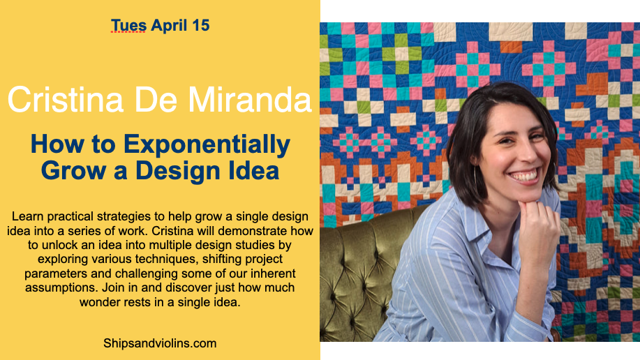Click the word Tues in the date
[x=128, y=25]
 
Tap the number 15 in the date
[x=201, y=25]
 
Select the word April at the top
[x=169, y=26]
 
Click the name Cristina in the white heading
[x=66, y=100]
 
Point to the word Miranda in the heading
[x=250, y=100]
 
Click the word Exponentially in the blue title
[x=207, y=145]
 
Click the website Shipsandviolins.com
[x=160, y=343]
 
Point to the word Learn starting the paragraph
[x=27, y=216]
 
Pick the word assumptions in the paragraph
[x=61, y=287]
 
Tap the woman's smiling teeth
[x=523, y=176]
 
